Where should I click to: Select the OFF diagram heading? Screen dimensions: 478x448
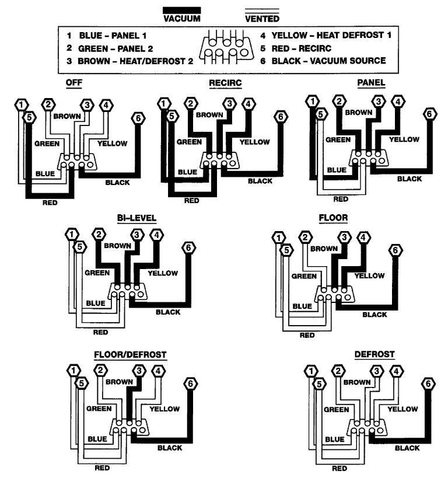click(x=73, y=82)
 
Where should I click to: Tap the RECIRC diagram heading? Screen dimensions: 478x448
click(x=225, y=82)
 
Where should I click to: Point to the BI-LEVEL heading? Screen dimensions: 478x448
click(x=136, y=218)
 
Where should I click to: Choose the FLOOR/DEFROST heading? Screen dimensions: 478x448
click(x=130, y=354)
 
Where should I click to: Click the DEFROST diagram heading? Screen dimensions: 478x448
click(x=374, y=354)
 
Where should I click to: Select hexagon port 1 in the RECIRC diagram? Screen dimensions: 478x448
click(x=164, y=104)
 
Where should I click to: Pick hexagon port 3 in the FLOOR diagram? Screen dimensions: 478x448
click(x=345, y=237)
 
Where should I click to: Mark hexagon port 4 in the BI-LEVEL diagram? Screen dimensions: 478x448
click(x=156, y=235)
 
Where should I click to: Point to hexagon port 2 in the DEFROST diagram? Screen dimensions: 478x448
click(x=337, y=370)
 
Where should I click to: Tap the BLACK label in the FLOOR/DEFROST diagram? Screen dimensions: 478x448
click(x=169, y=448)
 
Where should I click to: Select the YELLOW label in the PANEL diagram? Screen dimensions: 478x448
click(x=404, y=139)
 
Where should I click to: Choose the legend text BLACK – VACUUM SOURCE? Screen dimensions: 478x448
click(x=327, y=60)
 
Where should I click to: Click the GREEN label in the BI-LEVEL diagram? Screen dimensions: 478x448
click(x=97, y=272)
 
